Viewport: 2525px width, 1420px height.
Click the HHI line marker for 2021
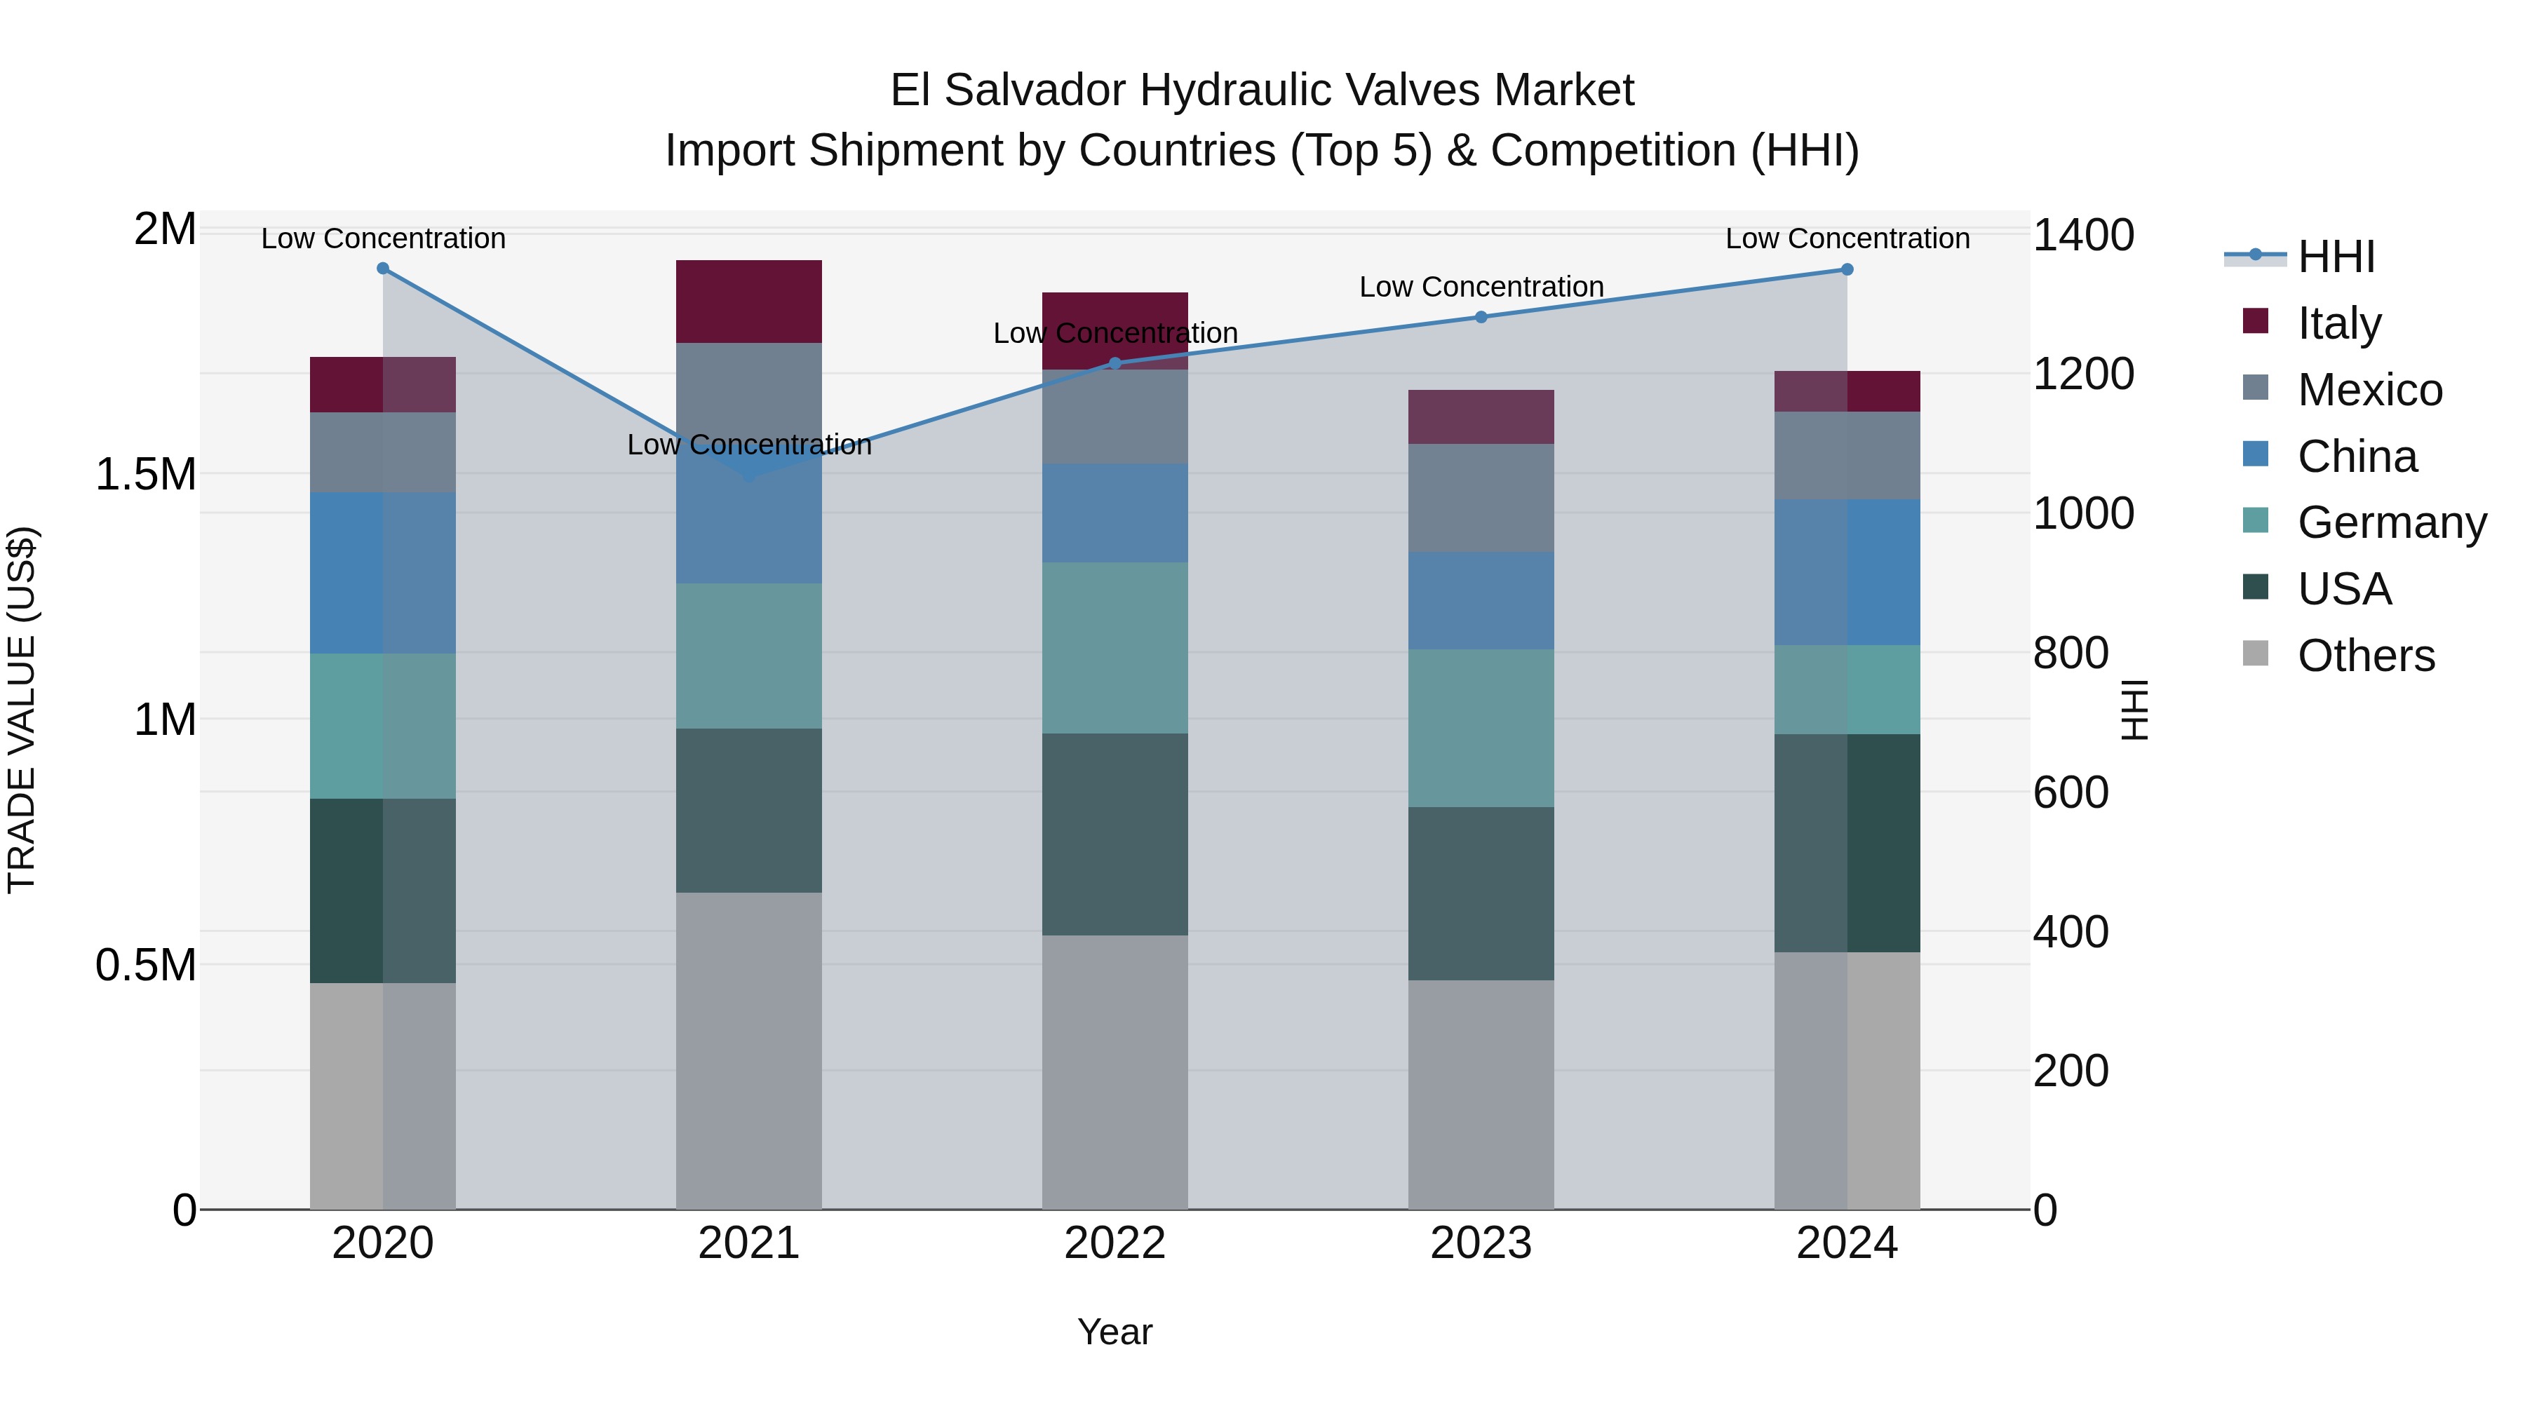749,478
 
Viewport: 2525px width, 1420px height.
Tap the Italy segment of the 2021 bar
749,302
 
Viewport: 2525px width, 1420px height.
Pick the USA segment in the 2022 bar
1115,834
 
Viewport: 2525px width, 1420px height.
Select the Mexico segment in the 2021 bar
749,392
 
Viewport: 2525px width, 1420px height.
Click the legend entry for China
2357,457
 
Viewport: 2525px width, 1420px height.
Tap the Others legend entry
2365,656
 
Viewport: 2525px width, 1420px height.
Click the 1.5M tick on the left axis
145,474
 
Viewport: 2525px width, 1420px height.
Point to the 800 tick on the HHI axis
2070,653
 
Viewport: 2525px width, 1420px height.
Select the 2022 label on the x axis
1115,1243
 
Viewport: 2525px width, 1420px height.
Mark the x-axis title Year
1115,1332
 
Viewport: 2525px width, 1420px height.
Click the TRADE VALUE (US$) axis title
22,710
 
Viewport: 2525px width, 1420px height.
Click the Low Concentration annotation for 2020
383,238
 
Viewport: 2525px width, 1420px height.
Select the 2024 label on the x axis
1847,1243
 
